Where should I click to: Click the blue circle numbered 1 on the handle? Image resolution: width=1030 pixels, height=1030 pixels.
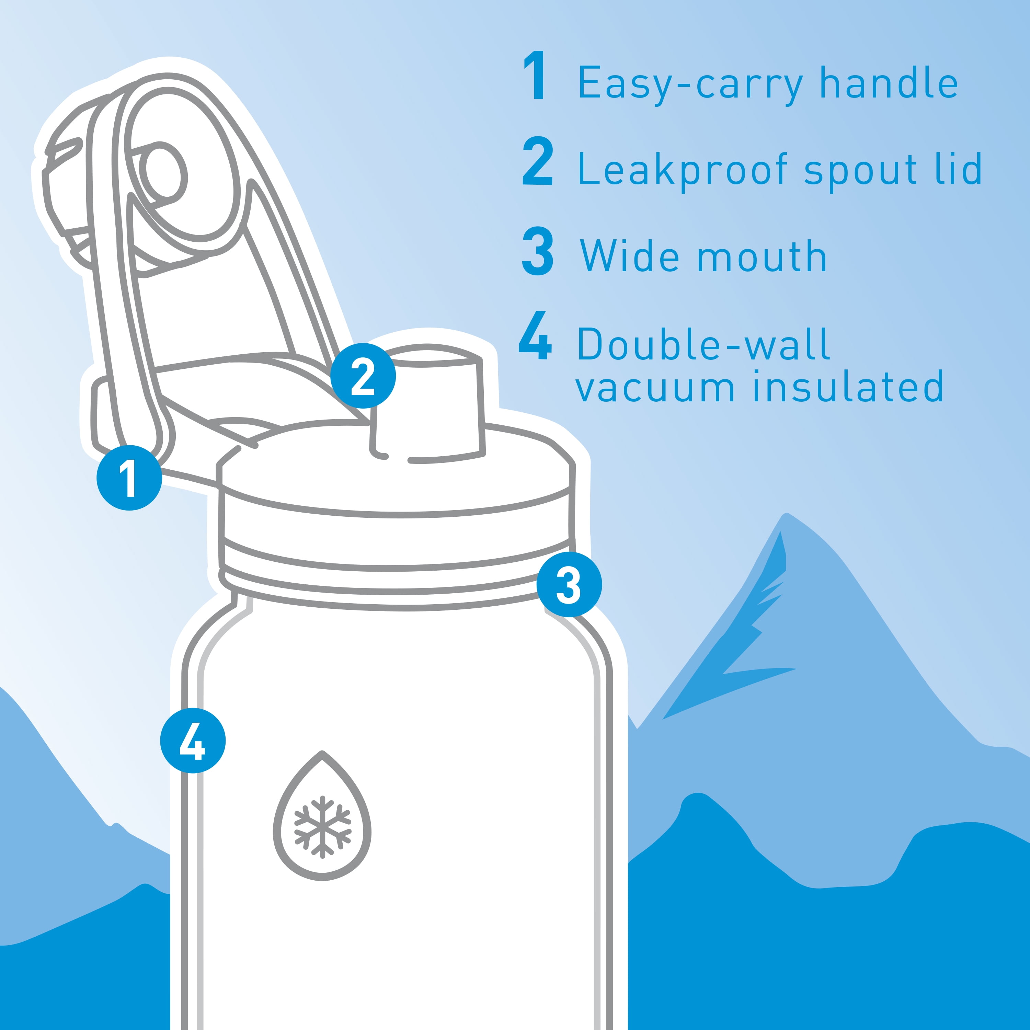(129, 478)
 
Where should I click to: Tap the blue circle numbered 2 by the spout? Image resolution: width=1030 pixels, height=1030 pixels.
(363, 376)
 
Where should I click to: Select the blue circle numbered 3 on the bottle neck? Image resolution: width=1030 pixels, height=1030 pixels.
(569, 584)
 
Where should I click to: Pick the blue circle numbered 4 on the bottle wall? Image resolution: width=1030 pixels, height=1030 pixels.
(193, 741)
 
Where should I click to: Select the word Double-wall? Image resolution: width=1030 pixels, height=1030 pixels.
(704, 344)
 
